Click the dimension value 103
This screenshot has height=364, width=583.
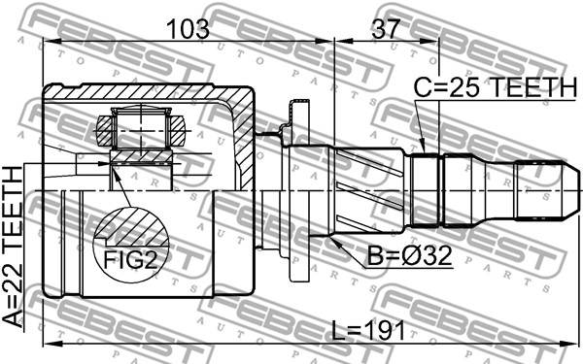(189, 28)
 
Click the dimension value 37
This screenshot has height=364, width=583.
(386, 28)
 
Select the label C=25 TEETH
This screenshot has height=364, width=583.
(496, 87)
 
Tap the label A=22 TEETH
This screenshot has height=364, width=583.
(14, 247)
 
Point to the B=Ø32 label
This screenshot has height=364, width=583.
(410, 255)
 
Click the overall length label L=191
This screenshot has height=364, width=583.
(368, 331)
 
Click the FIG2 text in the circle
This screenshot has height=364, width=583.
(130, 259)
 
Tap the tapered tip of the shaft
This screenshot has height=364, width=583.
(570, 190)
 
